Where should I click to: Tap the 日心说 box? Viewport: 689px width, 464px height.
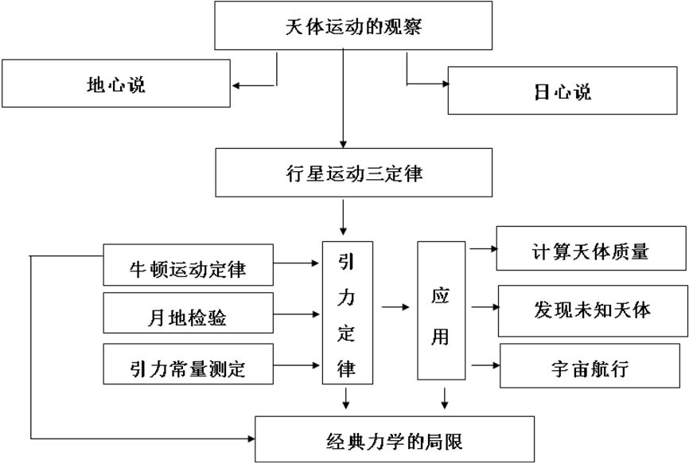pyautogui.click(x=566, y=91)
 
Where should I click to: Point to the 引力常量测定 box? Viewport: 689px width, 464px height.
pyautogui.click(x=188, y=367)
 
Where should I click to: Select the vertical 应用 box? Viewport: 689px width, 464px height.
pyautogui.click(x=440, y=310)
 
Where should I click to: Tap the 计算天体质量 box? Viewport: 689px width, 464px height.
pyautogui.click(x=591, y=251)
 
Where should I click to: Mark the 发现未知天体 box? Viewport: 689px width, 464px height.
pyautogui.click(x=593, y=310)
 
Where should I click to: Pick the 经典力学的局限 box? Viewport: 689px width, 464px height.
pyautogui.click(x=393, y=439)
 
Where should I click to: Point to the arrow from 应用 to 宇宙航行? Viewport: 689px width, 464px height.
pyautogui.click(x=484, y=366)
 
